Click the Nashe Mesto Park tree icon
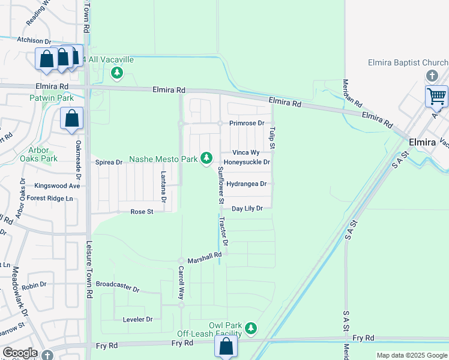coord(206,158)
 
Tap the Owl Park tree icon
coord(251,328)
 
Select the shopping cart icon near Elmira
coord(436,96)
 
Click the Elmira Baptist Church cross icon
coord(431,76)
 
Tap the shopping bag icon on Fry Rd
coord(226,347)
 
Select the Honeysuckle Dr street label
coord(247,163)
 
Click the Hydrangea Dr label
coord(246,184)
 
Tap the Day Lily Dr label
coord(247,209)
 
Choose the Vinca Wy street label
coord(246,153)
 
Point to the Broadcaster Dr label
coord(118,286)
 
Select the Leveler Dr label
coord(137,319)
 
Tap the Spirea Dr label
coord(109,163)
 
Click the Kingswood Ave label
coord(57,186)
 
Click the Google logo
coord(19,353)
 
